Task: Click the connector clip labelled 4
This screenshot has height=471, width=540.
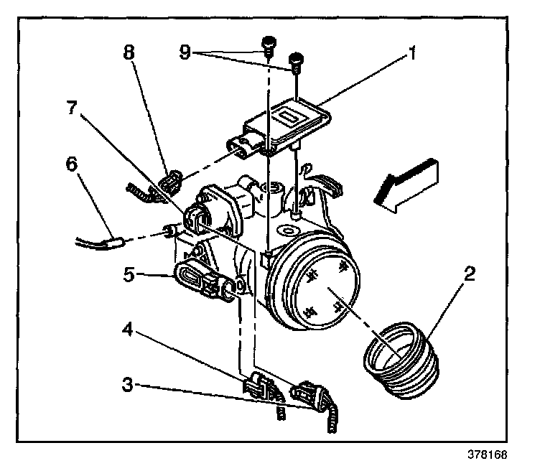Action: (258, 388)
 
